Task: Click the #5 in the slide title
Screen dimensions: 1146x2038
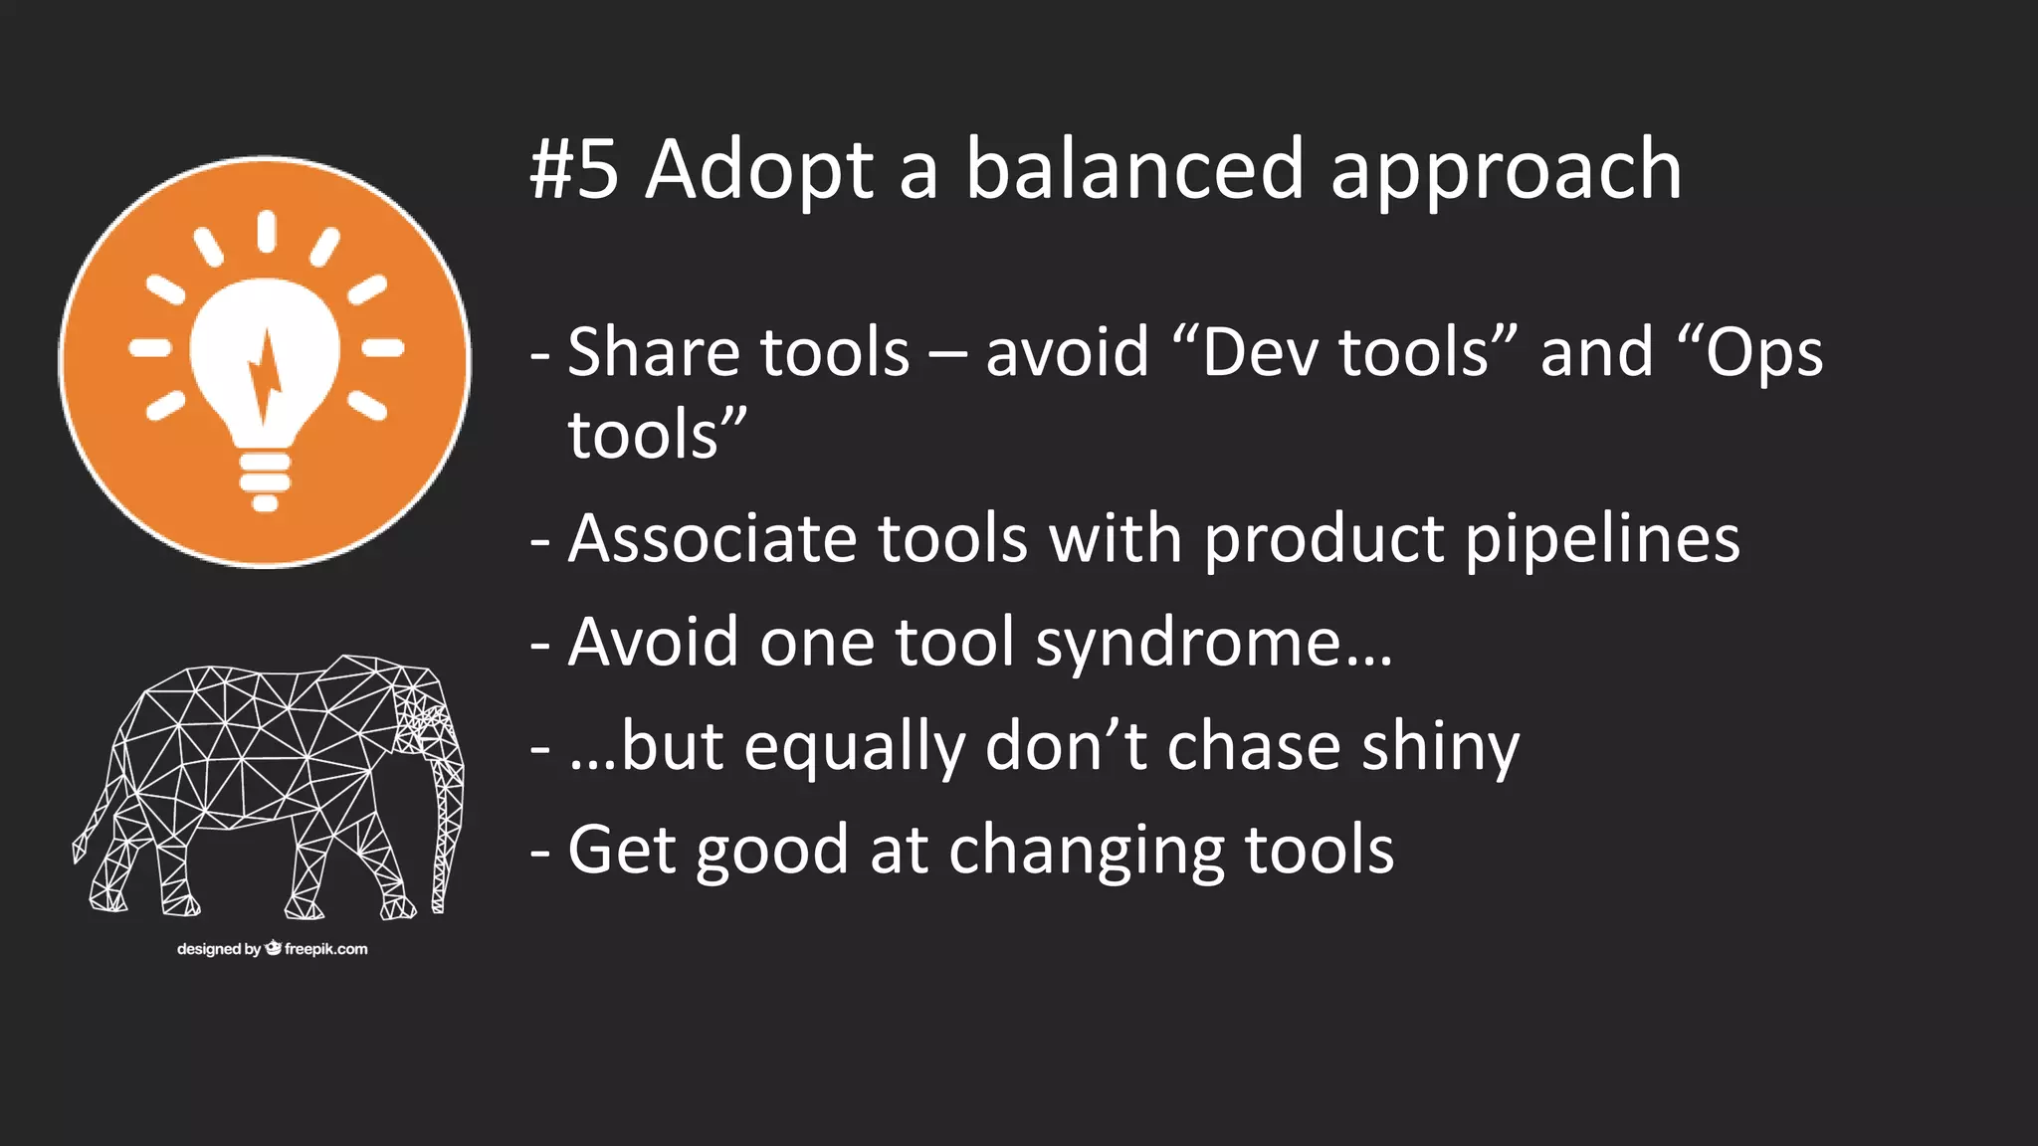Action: point(574,170)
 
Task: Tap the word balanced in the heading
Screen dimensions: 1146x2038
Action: point(1133,168)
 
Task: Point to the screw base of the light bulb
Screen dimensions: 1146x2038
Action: point(265,477)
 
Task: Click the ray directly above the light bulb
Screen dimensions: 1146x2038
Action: point(266,230)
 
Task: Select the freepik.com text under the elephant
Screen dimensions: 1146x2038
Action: point(325,949)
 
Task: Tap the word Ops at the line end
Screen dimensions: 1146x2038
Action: point(1763,354)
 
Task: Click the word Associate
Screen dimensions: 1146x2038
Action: point(712,539)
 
